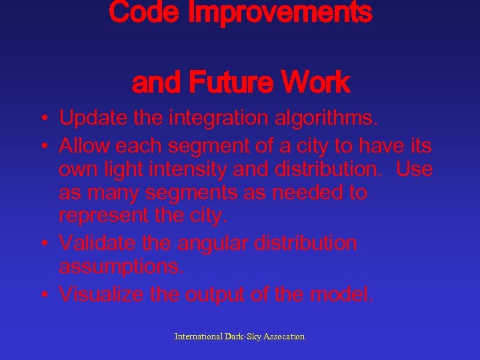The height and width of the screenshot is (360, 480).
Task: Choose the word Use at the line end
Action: [x=414, y=169]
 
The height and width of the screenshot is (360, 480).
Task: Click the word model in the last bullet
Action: [x=346, y=294]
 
